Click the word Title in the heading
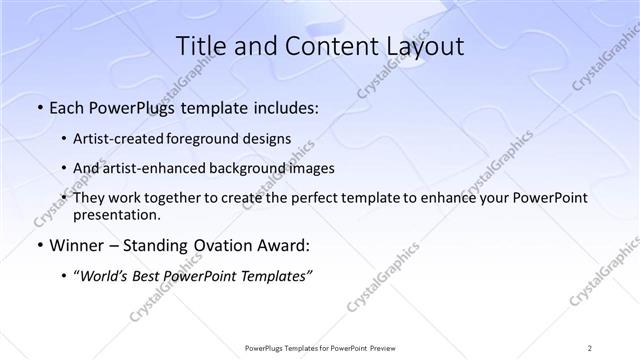coord(199,46)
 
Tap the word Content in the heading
coord(314,46)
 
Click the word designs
coord(269,138)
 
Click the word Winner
coord(72,245)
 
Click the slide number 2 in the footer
coord(590,347)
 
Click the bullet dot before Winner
coord(38,246)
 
